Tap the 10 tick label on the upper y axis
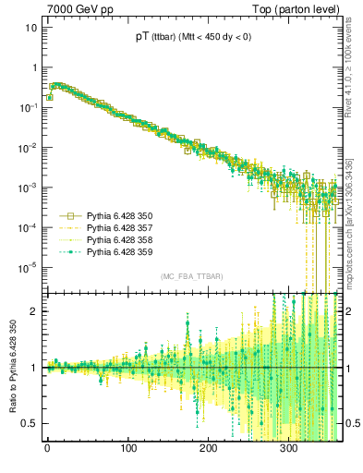point(29,28)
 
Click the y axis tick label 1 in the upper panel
point(32,67)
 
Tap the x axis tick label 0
point(47,449)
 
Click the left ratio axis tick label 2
point(32,311)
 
